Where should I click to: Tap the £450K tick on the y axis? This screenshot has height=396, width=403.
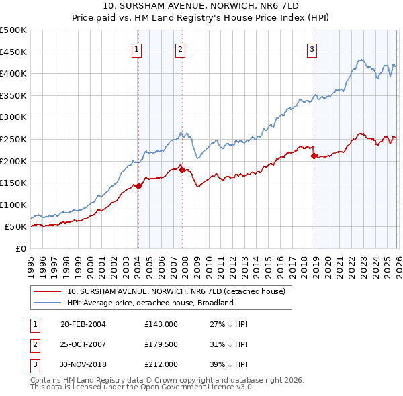(13, 52)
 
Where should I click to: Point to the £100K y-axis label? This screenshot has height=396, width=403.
(13, 205)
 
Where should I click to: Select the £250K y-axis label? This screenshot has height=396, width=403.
(13, 139)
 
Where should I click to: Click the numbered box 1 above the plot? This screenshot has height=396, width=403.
(137, 48)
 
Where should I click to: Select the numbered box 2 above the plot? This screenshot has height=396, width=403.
(181, 48)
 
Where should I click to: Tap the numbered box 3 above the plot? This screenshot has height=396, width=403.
(313, 48)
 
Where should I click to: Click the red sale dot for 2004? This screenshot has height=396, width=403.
(138, 186)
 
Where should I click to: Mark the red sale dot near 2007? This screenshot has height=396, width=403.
(182, 170)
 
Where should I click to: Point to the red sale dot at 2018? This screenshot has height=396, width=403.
(314, 156)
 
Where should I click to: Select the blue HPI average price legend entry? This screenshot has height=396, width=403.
(149, 303)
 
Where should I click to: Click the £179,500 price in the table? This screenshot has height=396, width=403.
(161, 345)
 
